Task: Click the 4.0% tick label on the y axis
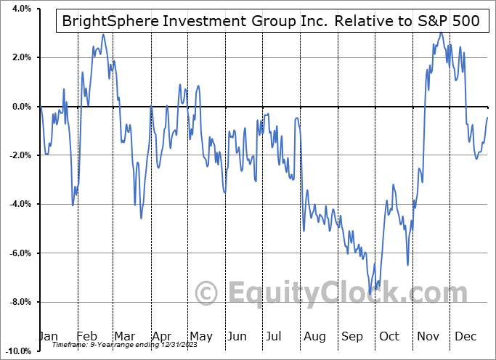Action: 20,9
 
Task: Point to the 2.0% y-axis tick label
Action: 20,57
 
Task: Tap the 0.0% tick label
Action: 20,107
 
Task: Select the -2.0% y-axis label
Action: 19,155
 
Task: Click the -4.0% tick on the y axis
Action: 19,204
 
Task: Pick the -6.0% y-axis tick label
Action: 19,253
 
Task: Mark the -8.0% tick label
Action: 19,302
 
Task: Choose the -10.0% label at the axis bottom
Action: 17,351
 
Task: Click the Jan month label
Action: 47,336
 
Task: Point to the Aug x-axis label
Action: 314,336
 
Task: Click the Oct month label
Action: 390,336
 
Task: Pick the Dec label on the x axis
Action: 465,336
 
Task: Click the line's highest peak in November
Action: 441,33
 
